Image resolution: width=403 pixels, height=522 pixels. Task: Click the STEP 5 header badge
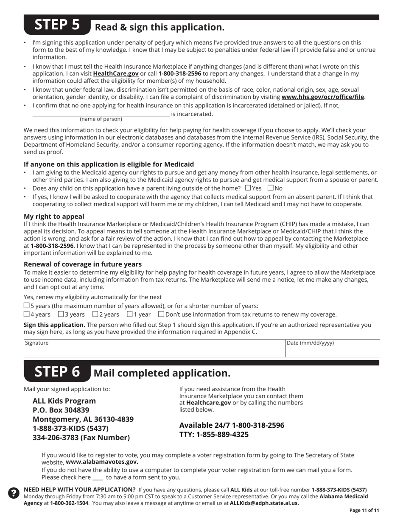tap(57, 25)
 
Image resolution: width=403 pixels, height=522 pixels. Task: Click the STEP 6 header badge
tap(57, 372)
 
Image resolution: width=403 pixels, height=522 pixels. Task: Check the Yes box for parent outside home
tap(248, 188)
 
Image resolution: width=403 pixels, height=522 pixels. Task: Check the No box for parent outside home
tap(271, 188)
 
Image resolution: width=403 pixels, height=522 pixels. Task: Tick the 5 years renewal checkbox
tap(27, 306)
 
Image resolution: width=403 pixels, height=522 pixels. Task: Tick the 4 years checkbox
tap(27, 314)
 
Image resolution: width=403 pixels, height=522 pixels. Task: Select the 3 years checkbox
tap(61, 314)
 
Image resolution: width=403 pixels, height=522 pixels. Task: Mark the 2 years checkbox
tap(95, 314)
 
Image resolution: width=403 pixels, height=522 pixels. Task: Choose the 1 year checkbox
tap(130, 314)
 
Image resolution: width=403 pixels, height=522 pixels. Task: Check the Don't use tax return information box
tap(161, 314)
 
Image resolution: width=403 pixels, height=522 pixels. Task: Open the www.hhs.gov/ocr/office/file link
tap(322, 97)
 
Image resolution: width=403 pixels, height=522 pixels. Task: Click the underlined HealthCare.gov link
tap(116, 73)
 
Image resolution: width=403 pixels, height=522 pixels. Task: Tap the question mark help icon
tap(14, 493)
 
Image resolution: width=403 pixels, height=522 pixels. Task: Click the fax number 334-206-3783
tap(81, 438)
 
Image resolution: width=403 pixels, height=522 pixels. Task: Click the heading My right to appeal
tap(54, 216)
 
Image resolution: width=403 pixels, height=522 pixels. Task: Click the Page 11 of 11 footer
tap(364, 511)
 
